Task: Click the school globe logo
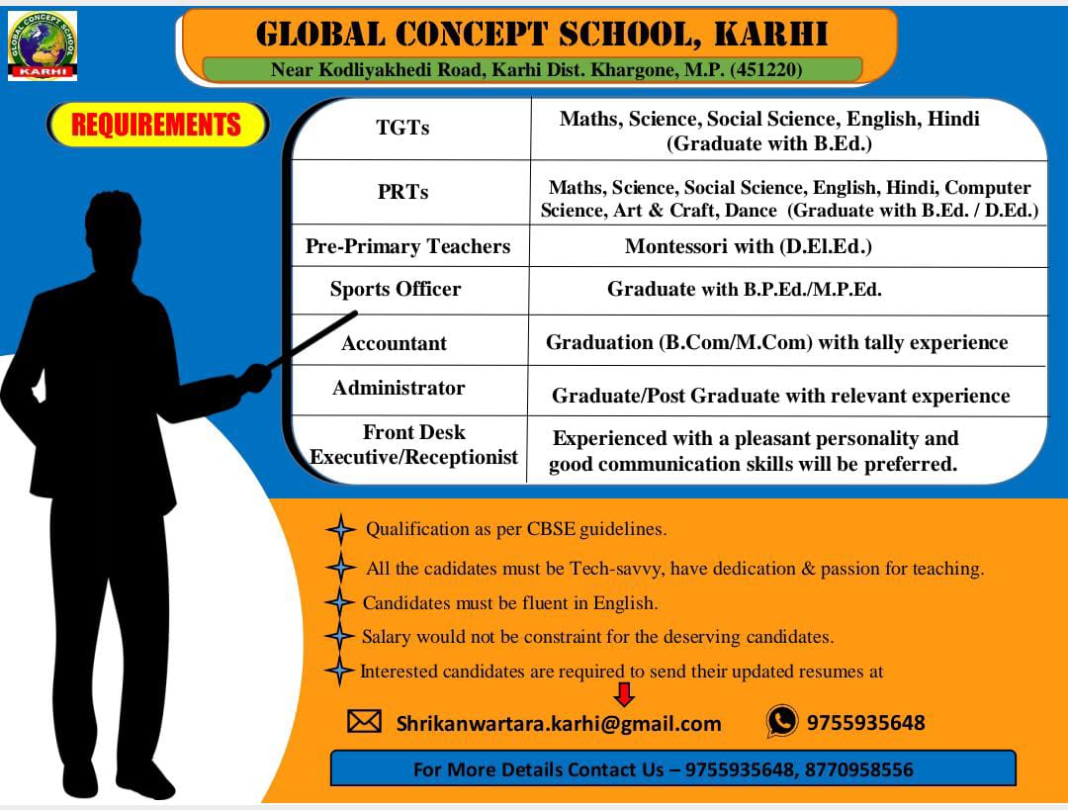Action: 43,45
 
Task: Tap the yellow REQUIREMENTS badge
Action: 157,125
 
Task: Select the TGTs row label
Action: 402,128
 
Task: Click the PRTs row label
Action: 402,192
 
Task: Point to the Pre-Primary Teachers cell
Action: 407,246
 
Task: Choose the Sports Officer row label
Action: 396,289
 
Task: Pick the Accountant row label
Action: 395,342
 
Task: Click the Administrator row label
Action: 399,388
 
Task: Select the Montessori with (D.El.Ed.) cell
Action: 748,246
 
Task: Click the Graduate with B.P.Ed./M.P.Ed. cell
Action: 745,289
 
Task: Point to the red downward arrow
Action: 624,694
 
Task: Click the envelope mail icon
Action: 364,721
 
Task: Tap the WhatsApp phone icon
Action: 782,721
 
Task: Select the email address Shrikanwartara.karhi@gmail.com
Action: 559,724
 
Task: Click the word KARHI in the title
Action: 771,34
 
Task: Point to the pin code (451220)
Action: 765,69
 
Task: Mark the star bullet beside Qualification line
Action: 340,529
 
